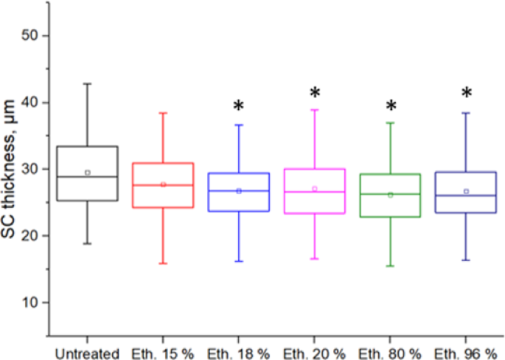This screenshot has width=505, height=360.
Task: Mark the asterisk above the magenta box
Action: click(x=315, y=94)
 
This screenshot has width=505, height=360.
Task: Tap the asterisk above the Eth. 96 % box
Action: click(x=466, y=94)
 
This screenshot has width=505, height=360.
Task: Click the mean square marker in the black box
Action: click(x=87, y=173)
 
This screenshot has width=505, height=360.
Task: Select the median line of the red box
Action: click(x=163, y=184)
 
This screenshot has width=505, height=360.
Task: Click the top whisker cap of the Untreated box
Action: click(x=87, y=83)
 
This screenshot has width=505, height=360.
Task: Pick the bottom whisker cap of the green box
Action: click(x=391, y=266)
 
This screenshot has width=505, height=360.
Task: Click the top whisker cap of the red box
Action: click(x=163, y=113)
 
